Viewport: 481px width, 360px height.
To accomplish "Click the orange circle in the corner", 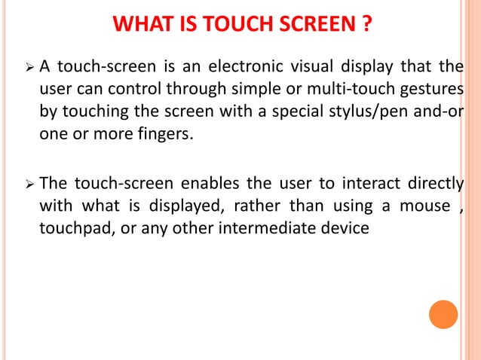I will (x=443, y=314).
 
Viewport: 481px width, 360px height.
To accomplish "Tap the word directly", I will (x=433, y=183).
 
